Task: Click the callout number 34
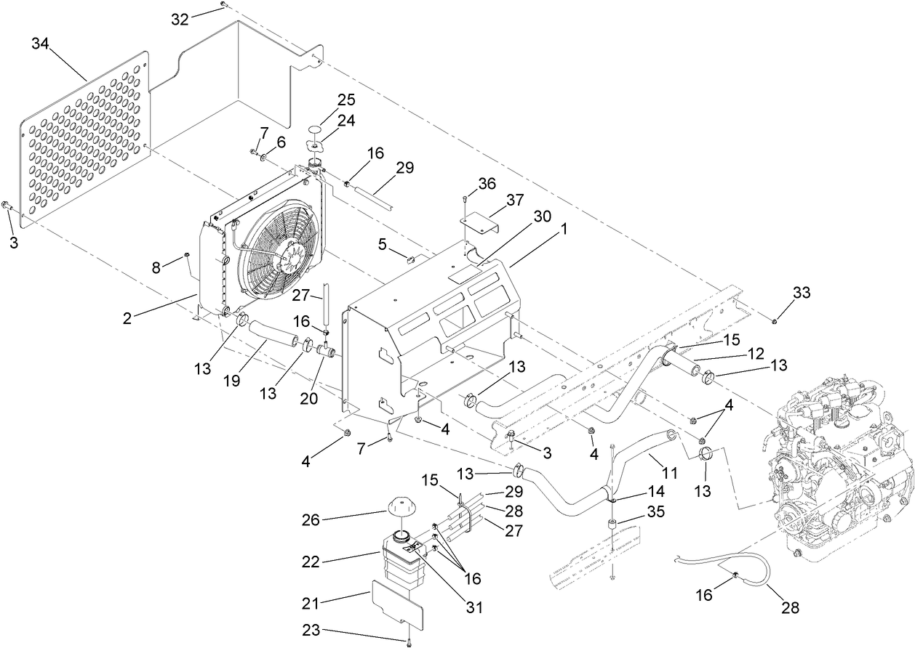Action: [41, 44]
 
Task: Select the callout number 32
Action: [180, 19]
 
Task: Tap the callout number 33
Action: [800, 293]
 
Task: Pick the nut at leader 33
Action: [775, 320]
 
